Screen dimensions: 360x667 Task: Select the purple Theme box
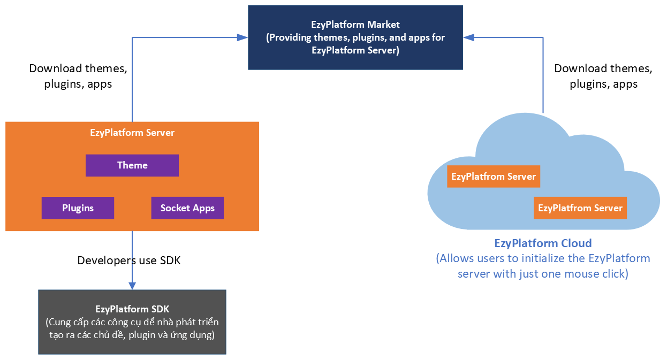click(x=132, y=165)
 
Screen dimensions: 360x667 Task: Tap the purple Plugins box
click(x=78, y=208)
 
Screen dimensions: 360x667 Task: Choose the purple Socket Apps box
click(x=187, y=208)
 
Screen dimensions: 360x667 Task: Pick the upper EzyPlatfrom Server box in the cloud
click(x=494, y=177)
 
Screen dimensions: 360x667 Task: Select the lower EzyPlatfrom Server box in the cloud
click(x=580, y=208)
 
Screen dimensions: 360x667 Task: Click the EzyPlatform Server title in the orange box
click(x=132, y=133)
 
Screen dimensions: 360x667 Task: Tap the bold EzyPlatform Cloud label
click(x=543, y=243)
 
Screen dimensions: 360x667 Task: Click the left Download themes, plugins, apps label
click(x=78, y=76)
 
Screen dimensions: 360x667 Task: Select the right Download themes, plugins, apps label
click(x=603, y=76)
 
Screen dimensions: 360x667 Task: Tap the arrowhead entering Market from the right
click(x=468, y=37)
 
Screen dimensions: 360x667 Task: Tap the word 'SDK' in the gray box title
click(x=160, y=309)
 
